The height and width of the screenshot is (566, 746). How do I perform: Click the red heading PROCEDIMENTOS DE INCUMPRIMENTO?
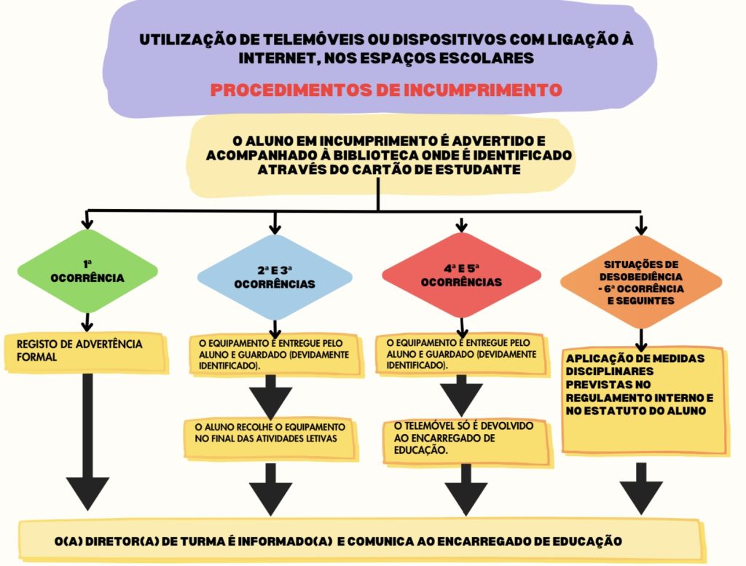[385, 90]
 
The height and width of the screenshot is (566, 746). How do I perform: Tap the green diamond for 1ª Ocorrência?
[87, 271]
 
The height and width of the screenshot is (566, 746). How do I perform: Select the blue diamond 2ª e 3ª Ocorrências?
[275, 277]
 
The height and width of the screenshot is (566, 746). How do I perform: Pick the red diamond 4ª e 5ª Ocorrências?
[461, 275]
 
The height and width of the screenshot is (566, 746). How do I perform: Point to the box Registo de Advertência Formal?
[86, 351]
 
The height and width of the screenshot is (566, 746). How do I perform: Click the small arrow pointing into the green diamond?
[87, 220]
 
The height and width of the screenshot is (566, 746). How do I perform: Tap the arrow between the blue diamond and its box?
[275, 327]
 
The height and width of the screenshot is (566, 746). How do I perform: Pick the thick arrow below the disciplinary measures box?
[641, 484]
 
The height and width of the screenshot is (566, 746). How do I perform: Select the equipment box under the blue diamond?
[274, 354]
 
